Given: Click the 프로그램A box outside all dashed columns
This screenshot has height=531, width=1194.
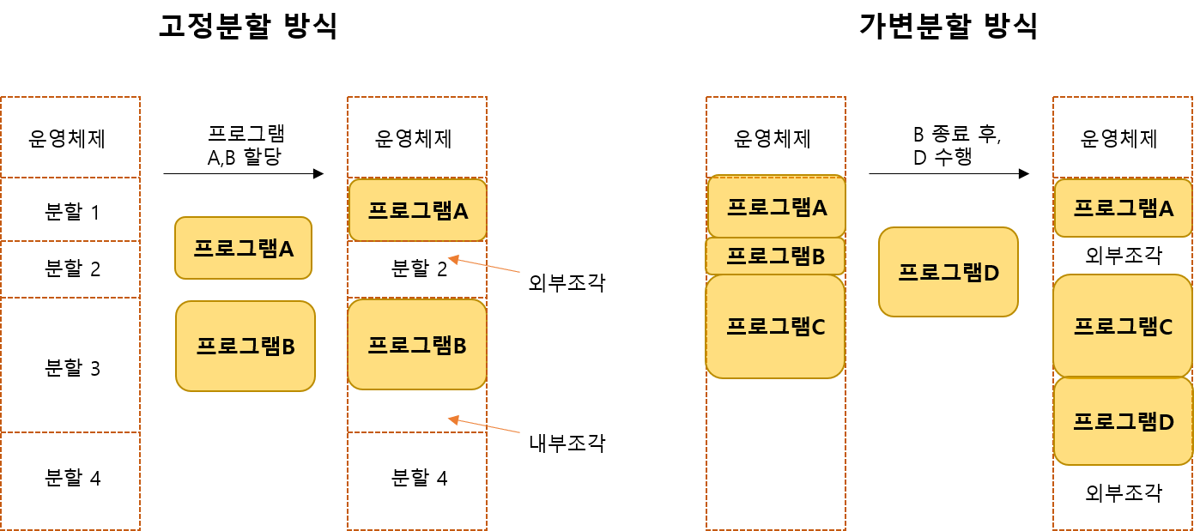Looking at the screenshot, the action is [243, 248].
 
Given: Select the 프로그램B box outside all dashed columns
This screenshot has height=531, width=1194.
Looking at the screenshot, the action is [245, 346].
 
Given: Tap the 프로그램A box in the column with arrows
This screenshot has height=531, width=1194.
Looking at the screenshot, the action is [417, 209].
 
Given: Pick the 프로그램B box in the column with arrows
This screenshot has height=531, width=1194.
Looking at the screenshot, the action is [417, 344].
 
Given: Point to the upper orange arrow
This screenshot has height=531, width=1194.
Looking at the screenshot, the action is [484, 265].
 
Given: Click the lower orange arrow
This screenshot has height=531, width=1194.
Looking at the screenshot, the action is [484, 425].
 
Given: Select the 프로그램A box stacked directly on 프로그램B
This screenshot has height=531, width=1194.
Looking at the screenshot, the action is [776, 206].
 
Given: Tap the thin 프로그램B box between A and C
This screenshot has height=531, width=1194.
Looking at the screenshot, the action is [775, 256].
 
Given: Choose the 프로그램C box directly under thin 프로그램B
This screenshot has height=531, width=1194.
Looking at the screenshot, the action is [775, 326].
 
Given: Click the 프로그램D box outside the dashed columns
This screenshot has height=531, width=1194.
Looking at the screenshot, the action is [948, 272].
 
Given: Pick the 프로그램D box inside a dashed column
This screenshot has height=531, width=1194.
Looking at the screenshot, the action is [1123, 421].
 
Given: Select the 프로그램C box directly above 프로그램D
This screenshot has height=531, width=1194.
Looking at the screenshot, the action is [1123, 325].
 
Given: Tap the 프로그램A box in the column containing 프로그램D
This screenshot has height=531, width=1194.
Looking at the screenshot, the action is [1123, 208].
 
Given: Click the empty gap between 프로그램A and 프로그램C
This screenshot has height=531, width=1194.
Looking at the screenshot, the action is [1123, 256].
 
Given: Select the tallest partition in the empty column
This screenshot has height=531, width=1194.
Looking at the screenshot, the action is [70, 365].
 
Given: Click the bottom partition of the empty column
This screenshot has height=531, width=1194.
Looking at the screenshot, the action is [70, 480].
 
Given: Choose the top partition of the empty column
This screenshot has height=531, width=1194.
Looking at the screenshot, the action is [70, 137].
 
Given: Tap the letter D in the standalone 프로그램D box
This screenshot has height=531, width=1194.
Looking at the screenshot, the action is [991, 273].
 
